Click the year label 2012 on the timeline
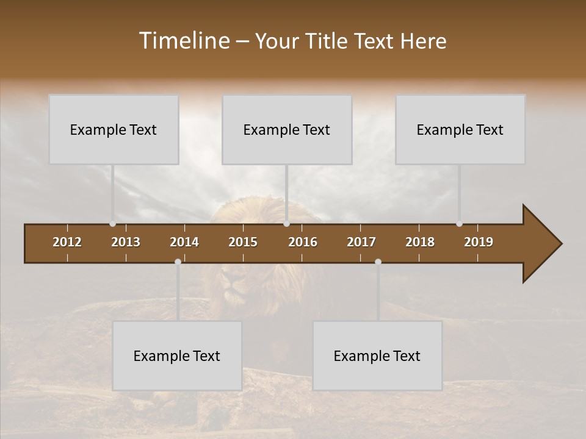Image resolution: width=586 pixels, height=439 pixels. tap(67, 242)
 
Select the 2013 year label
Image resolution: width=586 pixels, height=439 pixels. tap(126, 242)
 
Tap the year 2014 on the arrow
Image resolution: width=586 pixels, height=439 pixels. tap(184, 242)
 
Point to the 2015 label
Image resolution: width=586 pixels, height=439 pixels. tap(243, 242)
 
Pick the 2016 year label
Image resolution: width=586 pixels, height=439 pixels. tap(303, 242)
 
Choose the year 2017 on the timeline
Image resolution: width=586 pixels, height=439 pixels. tap(361, 242)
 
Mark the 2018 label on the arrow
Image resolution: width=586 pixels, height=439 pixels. tap(420, 242)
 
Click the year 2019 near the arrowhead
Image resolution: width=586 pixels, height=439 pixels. tap(479, 242)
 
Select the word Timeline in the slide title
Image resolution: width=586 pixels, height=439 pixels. tap(184, 41)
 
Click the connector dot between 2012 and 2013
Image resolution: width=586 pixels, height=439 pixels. tap(112, 224)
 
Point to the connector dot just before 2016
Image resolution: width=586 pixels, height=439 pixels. tap(286, 224)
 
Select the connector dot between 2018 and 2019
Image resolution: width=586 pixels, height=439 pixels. tap(459, 224)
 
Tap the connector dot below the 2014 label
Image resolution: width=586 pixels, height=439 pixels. tap(178, 262)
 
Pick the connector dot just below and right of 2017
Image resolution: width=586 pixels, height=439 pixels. tap(378, 262)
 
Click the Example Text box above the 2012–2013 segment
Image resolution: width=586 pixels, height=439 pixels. tap(114, 129)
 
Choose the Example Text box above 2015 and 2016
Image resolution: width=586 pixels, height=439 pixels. tap(287, 129)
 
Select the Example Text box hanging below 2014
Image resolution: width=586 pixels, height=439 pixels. tap(177, 355)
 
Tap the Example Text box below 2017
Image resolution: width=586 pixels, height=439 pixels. tap(377, 355)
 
